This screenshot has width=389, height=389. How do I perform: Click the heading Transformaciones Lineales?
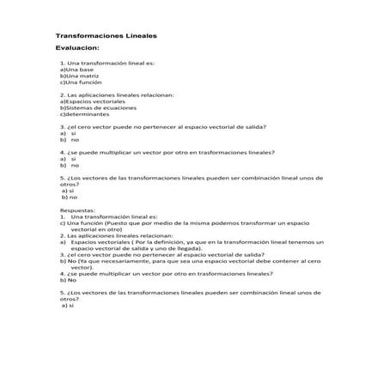click(x=106, y=37)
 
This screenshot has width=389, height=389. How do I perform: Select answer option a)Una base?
click(x=76, y=70)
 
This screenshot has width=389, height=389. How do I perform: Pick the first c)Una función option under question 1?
click(x=80, y=82)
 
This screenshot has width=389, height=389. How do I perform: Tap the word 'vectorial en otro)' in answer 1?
click(x=96, y=230)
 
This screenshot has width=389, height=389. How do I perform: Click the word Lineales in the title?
click(x=137, y=37)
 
